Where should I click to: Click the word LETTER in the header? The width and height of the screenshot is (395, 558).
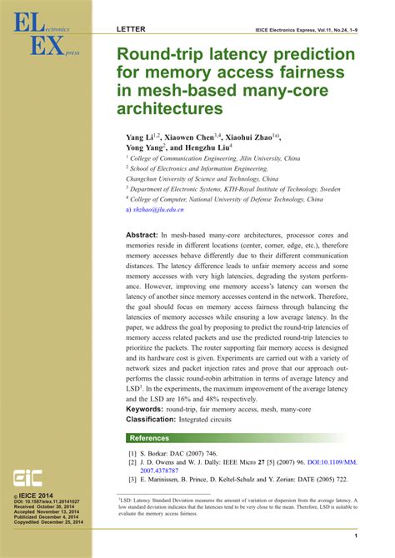tap(131, 29)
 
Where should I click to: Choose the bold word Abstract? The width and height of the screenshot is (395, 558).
tap(143, 237)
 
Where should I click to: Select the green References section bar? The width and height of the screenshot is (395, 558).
tap(242, 437)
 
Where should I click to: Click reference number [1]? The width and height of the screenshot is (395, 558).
tap(132, 455)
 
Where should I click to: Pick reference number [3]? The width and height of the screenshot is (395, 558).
tap(132, 479)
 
